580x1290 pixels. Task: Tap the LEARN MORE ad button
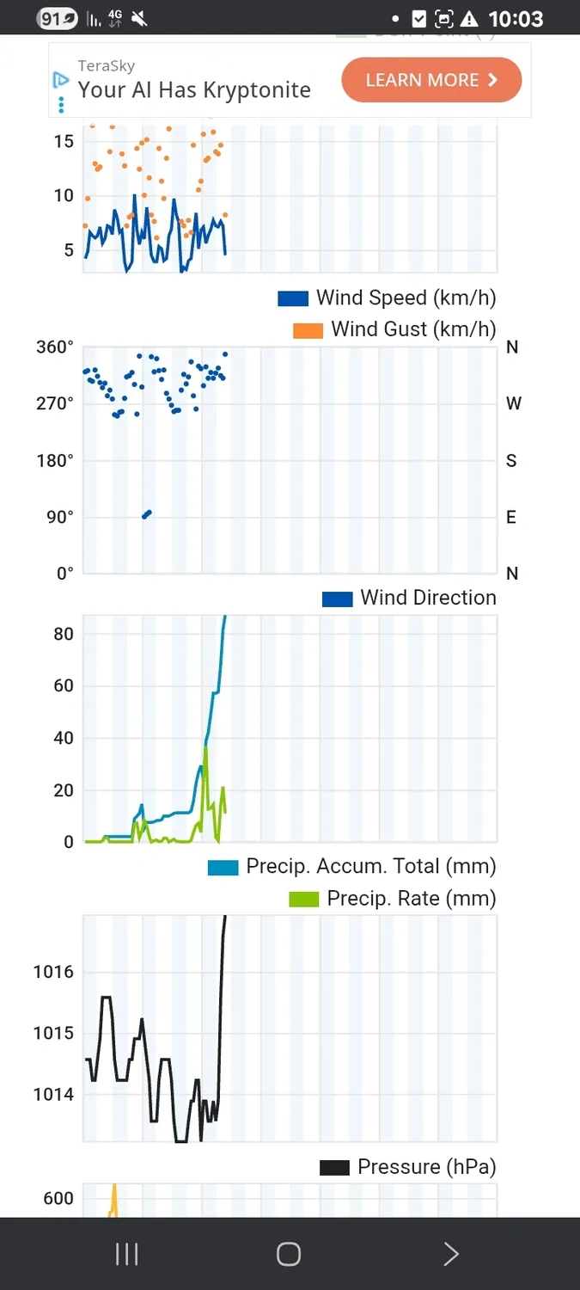(x=431, y=80)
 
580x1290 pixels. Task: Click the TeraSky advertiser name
(x=106, y=65)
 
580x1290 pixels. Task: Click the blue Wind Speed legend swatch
(x=292, y=298)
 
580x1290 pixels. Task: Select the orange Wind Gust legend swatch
(x=308, y=329)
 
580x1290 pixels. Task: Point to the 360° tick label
(x=55, y=347)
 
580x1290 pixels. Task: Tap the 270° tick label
(x=55, y=403)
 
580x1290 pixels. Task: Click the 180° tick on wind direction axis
(x=55, y=460)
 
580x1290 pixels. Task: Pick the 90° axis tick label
(x=58, y=517)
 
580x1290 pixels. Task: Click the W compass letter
(x=514, y=403)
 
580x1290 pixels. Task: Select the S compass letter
(x=511, y=461)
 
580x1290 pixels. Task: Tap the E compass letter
(x=511, y=517)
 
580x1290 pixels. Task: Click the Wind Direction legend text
(x=428, y=598)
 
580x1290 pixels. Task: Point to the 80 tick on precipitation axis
(x=64, y=634)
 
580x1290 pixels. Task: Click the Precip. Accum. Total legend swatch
(x=223, y=867)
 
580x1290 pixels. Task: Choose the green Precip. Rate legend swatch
(x=303, y=900)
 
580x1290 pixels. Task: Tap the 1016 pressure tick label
(x=53, y=972)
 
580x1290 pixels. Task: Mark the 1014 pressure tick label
(x=53, y=1095)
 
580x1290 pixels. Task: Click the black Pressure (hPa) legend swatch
(x=334, y=1167)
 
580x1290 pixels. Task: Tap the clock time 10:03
(x=516, y=18)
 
